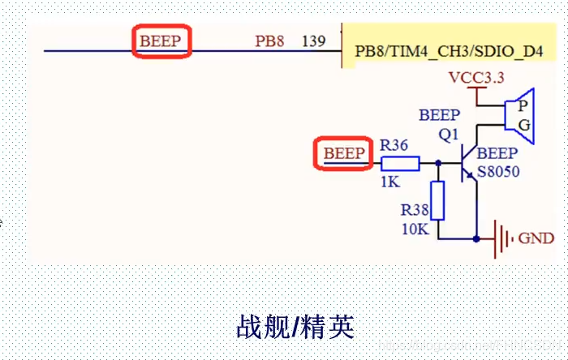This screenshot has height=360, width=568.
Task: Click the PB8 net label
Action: coord(269,41)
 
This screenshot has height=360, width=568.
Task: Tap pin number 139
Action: coord(313,41)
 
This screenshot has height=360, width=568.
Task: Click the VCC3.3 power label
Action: coord(476,78)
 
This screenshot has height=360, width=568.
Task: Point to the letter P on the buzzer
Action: coord(525,106)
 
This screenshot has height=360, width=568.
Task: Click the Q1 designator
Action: coord(449,135)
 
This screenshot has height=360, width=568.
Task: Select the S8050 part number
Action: coord(498,172)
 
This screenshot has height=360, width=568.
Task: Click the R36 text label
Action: coord(394,145)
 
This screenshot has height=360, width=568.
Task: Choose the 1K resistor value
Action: coord(390,182)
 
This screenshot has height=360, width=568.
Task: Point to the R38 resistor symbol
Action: coord(438,200)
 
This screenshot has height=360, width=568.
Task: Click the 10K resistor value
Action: coord(414,229)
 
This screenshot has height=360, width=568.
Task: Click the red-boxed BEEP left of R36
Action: coord(343,153)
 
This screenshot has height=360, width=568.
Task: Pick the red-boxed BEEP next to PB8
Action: coord(161,41)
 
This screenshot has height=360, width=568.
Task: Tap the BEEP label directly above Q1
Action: coord(439,115)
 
